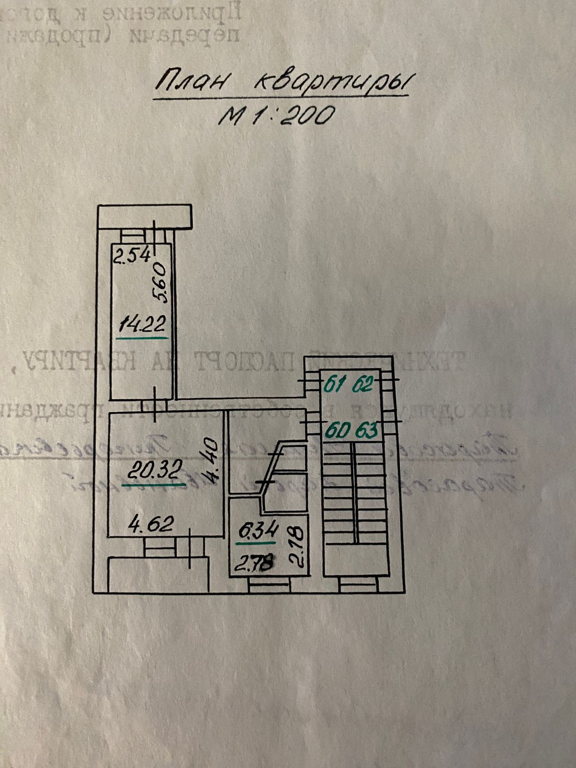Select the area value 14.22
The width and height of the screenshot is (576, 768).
pos(142,325)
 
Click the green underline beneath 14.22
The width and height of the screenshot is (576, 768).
pos(142,338)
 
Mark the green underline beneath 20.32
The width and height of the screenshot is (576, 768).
pos(154,485)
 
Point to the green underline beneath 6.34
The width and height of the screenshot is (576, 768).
pos(257,543)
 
